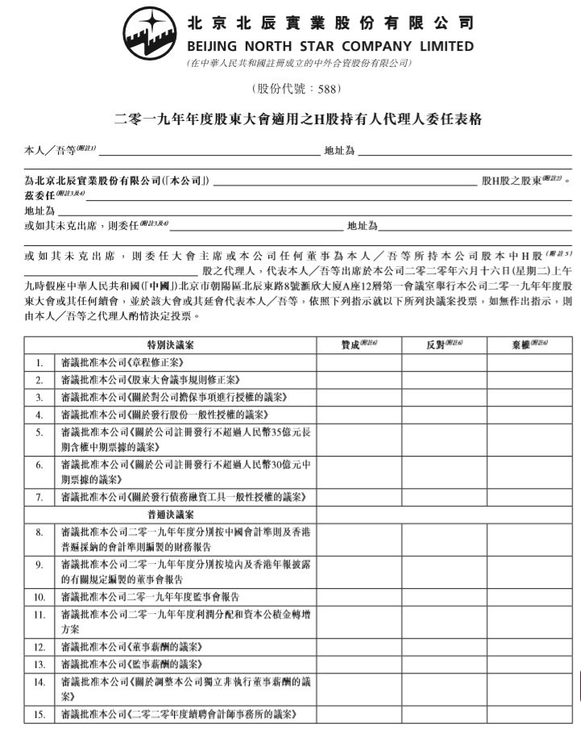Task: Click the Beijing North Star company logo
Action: point(150,33)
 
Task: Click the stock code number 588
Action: point(320,88)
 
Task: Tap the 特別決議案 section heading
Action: point(170,344)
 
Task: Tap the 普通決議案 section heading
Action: point(170,514)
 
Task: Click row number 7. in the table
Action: point(39,496)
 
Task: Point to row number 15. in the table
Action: point(39,714)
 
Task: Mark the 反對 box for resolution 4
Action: point(444,415)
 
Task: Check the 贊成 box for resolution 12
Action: point(359,647)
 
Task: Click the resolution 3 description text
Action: point(174,397)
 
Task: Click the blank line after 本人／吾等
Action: point(210,151)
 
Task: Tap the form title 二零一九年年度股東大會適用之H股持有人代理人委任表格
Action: point(298,119)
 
